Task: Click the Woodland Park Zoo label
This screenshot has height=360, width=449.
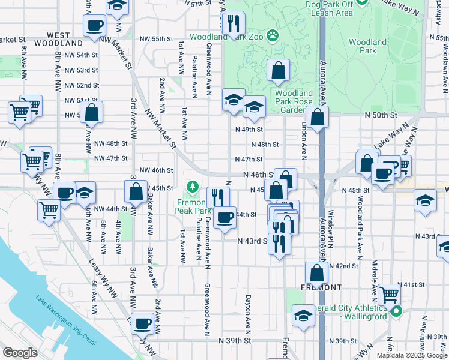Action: click(226, 37)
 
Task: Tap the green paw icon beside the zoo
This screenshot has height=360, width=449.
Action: click(273, 36)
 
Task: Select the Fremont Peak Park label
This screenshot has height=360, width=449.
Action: click(192, 206)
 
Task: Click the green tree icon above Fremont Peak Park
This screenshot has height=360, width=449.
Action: click(192, 188)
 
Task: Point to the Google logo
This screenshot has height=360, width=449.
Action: click(20, 352)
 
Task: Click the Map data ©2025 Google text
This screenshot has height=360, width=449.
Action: click(411, 355)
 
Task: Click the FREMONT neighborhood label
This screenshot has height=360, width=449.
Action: click(323, 287)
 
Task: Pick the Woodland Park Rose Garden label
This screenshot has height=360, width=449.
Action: click(294, 101)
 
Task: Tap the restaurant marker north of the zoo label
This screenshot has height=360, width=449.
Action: click(232, 24)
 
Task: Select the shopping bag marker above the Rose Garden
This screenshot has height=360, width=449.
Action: click(279, 71)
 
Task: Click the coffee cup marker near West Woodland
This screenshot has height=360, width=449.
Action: click(95, 26)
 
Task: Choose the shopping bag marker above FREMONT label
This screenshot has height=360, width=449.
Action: click(316, 273)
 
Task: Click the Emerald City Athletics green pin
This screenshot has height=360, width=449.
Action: click(396, 311)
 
